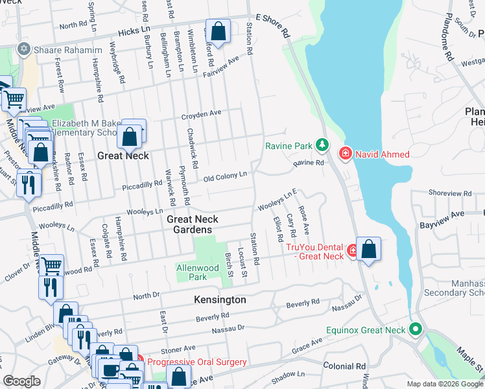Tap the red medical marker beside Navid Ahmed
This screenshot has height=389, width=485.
click(345, 153)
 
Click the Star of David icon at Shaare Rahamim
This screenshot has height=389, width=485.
click(24, 49)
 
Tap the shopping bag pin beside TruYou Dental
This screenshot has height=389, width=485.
click(368, 250)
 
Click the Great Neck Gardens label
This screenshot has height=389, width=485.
click(189, 224)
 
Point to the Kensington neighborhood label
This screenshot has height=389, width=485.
click(220, 300)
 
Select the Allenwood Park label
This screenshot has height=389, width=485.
click(201, 272)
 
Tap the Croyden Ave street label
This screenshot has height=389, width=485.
click(201, 114)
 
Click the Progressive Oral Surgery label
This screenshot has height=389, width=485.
click(196, 362)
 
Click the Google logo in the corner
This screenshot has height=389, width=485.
click(22, 381)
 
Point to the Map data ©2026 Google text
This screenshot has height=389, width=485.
click(444, 384)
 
